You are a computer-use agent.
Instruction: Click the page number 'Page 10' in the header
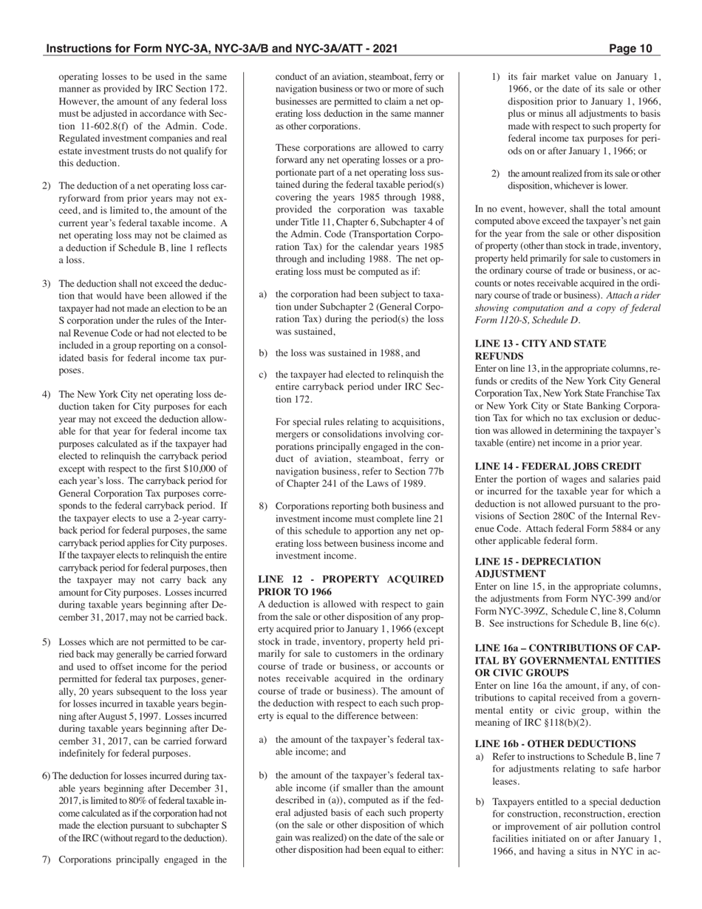[631, 50]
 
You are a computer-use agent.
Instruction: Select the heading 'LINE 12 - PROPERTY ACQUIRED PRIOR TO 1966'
[350, 585]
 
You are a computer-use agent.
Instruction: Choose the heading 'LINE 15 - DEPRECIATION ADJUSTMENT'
[538, 568]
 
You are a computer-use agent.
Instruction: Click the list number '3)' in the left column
[47, 284]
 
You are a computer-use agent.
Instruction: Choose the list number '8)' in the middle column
[263, 506]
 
